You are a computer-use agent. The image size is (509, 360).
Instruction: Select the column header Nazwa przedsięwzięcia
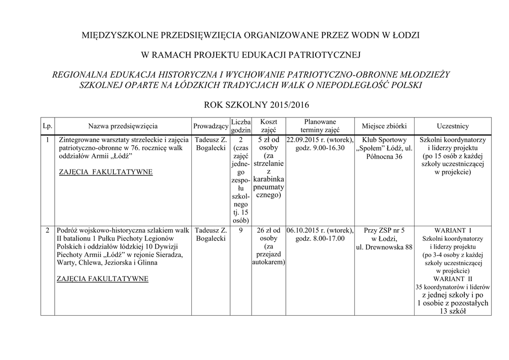pyautogui.click(x=123, y=126)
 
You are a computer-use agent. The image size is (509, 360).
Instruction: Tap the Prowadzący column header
pyautogui.click(x=210, y=126)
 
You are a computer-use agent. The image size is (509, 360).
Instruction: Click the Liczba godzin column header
pyautogui.click(x=241, y=126)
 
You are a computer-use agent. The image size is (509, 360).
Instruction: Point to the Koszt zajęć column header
pyautogui.click(x=268, y=126)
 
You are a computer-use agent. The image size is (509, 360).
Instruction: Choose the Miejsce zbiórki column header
pyautogui.click(x=384, y=126)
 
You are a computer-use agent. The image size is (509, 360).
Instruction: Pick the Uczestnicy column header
pyautogui.click(x=452, y=126)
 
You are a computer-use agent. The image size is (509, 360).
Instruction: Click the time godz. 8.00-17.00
pyautogui.click(x=320, y=239)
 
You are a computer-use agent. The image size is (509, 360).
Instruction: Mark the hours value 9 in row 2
pyautogui.click(x=241, y=230)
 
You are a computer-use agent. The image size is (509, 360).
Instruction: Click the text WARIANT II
pyautogui.click(x=453, y=278)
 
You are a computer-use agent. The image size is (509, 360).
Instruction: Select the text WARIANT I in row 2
pyautogui.click(x=453, y=230)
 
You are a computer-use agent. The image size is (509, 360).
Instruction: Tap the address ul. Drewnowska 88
pyautogui.click(x=384, y=247)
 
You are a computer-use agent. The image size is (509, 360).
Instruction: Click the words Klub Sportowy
pyautogui.click(x=384, y=140)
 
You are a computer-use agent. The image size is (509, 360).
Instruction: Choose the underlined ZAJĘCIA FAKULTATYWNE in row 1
pyautogui.click(x=105, y=172)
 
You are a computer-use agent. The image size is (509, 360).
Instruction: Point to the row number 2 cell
pyautogui.click(x=47, y=230)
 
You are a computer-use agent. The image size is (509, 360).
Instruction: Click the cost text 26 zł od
pyautogui.click(x=268, y=230)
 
